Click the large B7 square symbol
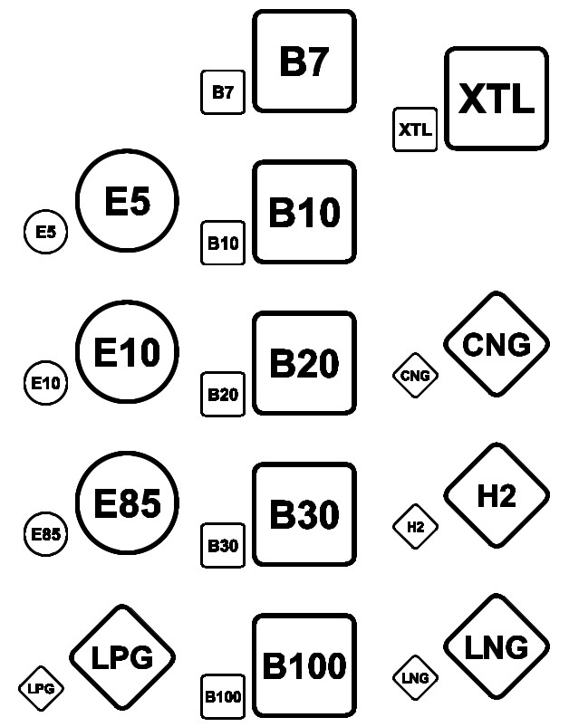pos(304,61)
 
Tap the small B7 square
pos(223,91)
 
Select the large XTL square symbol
pos(496,99)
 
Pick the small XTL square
pos(415,129)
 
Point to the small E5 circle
pos(45,232)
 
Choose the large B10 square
pos(304,213)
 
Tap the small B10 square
pos(223,243)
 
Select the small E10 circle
pos(45,383)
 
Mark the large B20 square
pos(304,364)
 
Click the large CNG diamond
pos(497,344)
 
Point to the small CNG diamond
pos(415,375)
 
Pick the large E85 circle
pos(127,502)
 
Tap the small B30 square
pos(223,545)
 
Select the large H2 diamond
pos(497,495)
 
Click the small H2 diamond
pos(415,526)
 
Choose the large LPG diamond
pos(121,657)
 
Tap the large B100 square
pos(304,666)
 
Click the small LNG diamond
pos(415,677)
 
